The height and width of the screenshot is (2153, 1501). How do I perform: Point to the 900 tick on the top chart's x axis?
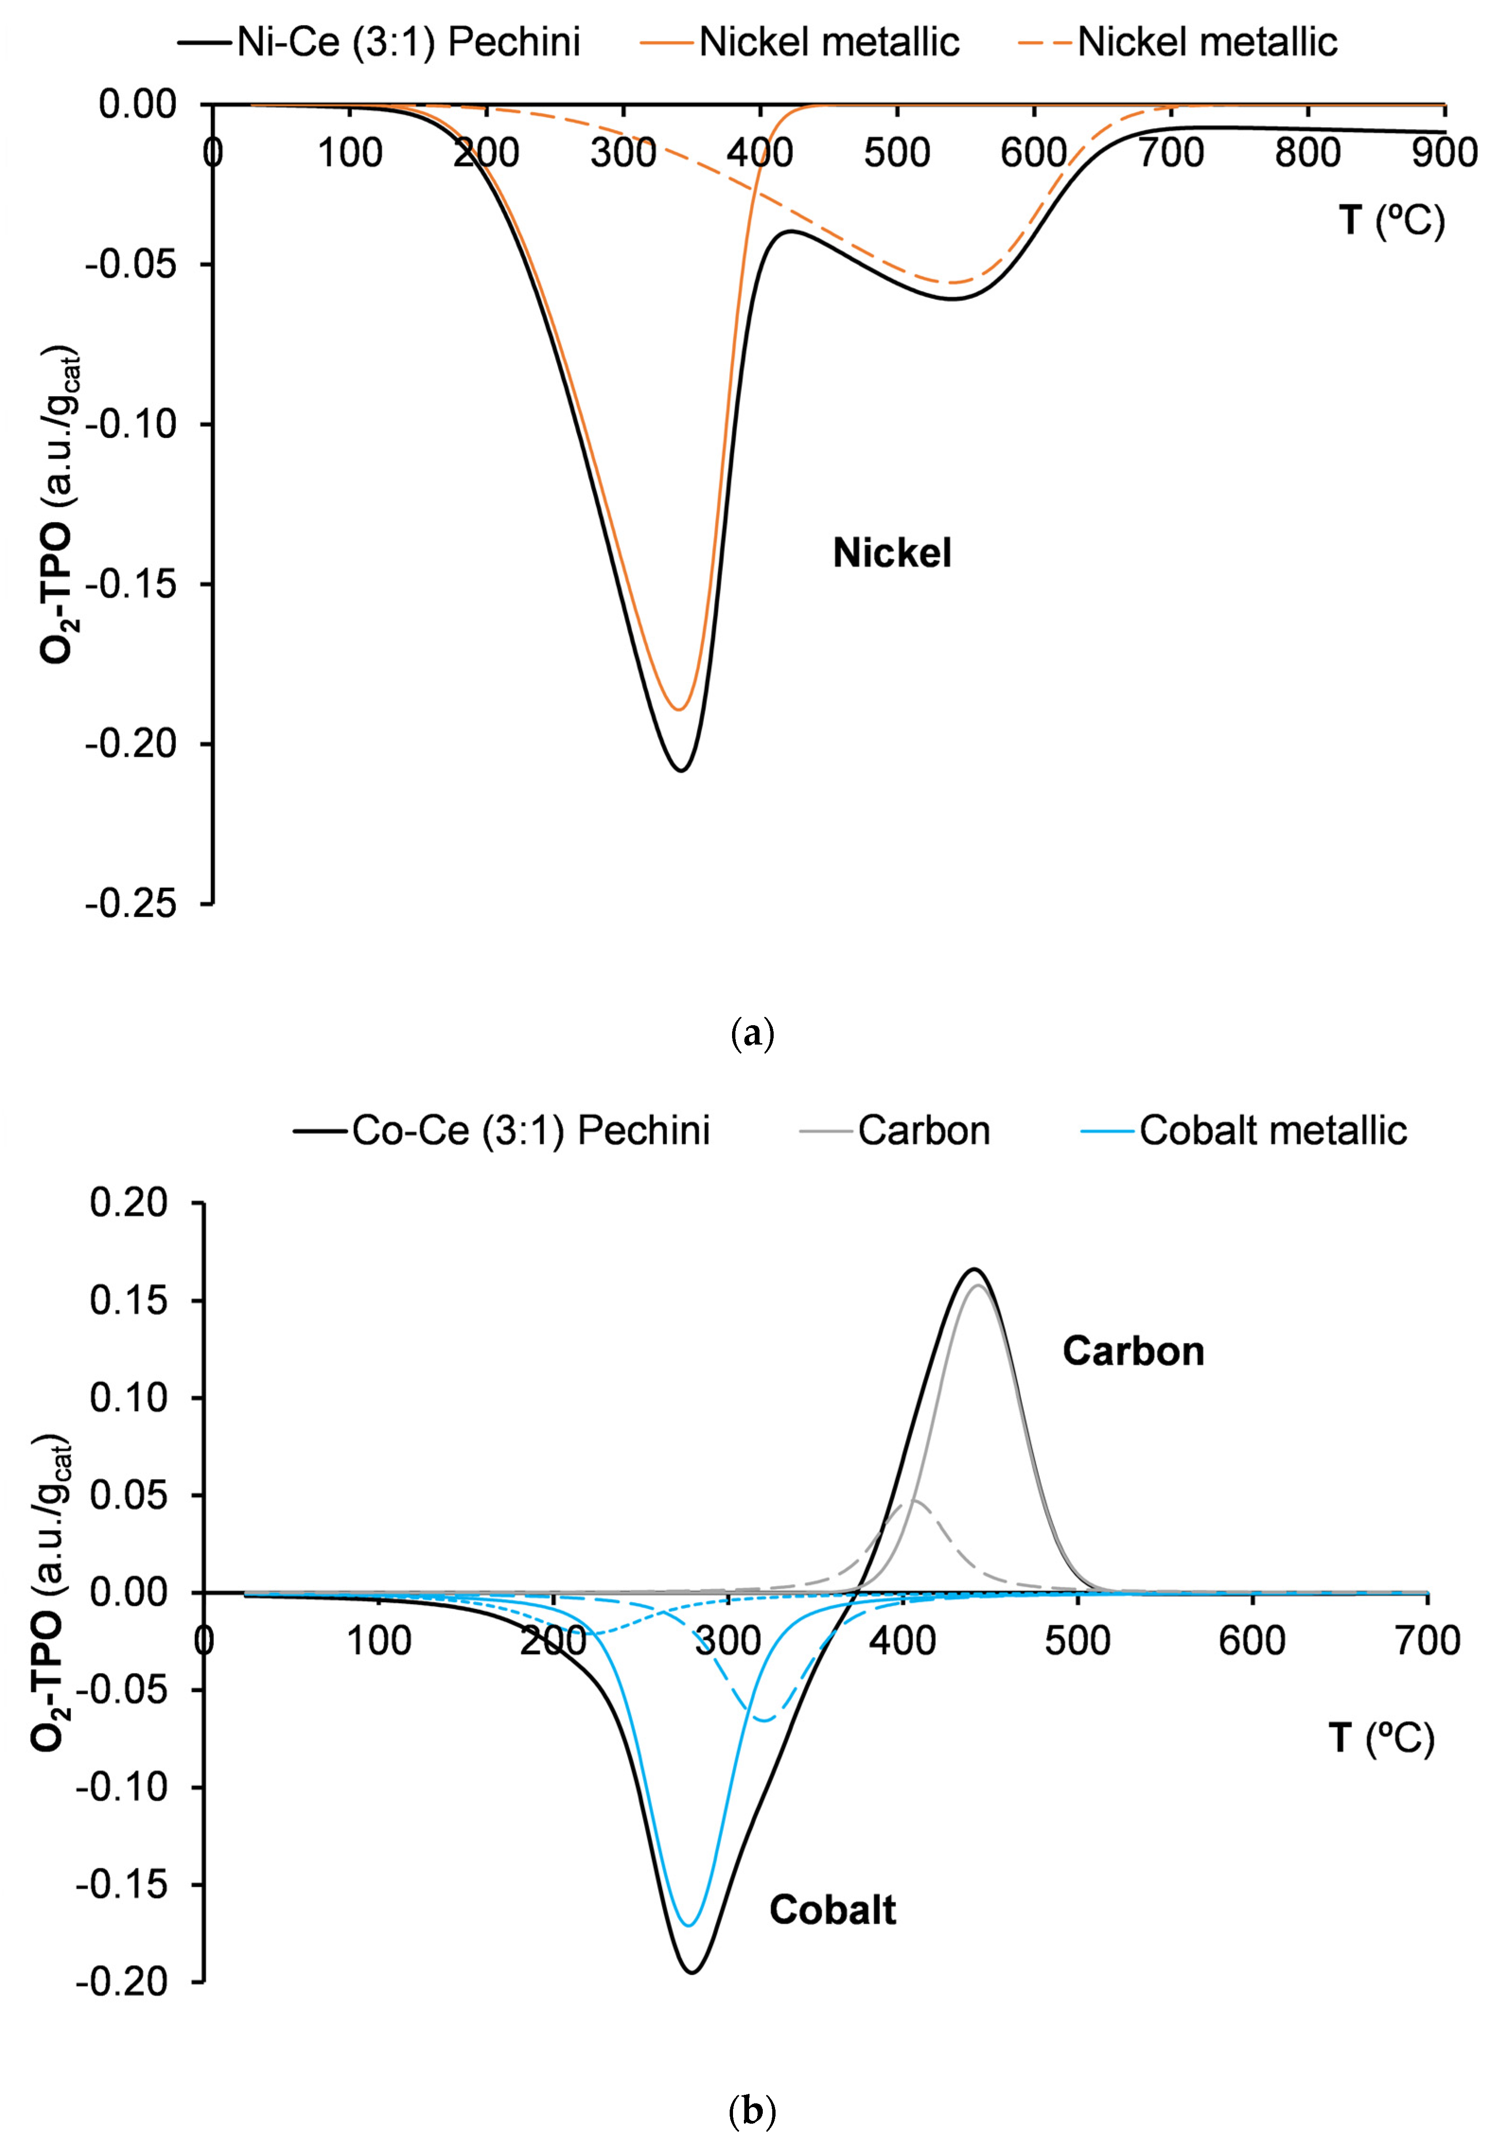1444,152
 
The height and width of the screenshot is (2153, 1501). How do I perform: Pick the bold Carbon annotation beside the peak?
1133,1351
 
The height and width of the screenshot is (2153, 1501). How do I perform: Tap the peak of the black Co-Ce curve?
975,1270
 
